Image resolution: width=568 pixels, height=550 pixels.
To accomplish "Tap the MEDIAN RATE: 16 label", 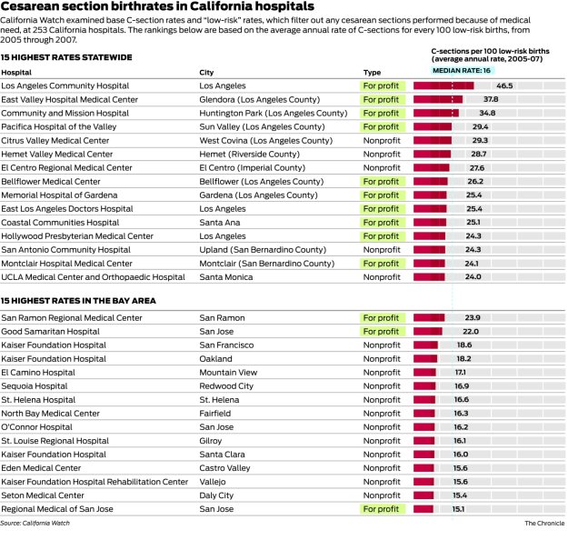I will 461,70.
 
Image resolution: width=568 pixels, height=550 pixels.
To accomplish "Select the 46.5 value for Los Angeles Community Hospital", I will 504,85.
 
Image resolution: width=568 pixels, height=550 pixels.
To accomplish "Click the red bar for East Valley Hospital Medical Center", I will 438,99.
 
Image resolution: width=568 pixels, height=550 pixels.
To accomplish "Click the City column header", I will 207,72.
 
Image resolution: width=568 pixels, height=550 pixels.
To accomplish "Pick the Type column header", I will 372,72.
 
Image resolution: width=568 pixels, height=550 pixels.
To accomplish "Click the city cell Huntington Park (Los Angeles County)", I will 273,113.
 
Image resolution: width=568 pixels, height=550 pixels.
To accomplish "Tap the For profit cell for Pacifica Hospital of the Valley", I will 381,126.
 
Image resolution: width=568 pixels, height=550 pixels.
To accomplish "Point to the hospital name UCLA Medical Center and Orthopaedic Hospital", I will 93,277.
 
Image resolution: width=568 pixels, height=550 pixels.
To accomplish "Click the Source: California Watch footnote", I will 35,524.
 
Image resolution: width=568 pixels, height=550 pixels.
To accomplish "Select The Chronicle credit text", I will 543,524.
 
